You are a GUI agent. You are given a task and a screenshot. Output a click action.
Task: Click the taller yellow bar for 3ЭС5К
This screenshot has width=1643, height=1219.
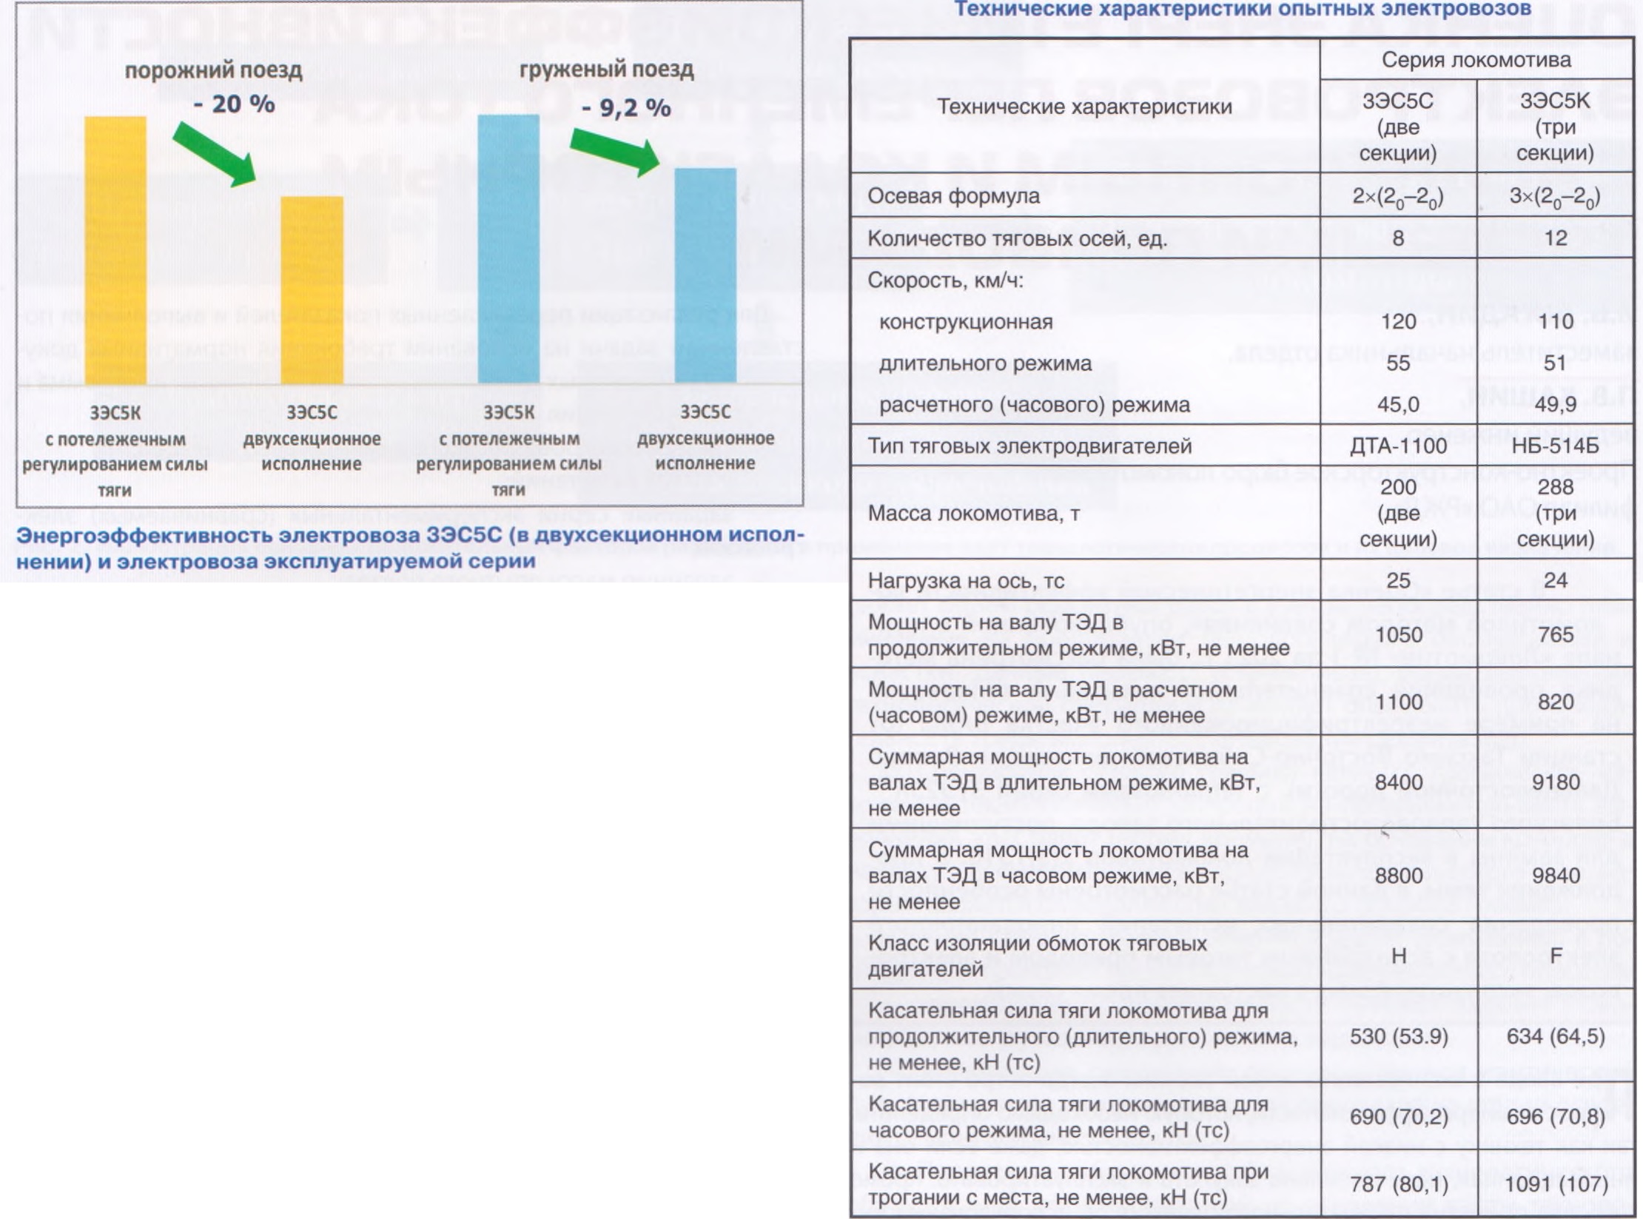pos(115,250)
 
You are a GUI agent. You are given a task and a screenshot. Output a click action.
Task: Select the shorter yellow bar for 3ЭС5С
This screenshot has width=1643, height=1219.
pos(312,290)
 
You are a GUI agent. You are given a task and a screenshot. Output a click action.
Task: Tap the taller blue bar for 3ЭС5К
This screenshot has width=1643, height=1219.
pos(508,249)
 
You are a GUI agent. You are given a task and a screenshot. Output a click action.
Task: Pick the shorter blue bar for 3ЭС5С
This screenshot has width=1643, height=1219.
pos(705,275)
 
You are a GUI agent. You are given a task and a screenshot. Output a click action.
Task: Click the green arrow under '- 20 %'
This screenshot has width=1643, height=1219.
pos(215,154)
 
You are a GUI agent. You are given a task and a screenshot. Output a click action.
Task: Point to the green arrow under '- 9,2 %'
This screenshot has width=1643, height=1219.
pos(615,152)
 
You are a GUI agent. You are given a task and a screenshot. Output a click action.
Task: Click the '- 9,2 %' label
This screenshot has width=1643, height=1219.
pos(626,108)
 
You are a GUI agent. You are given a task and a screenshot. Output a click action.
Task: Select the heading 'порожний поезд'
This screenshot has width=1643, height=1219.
pos(213,70)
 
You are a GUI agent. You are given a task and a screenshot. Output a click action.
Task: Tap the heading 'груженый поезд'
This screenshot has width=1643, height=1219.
pos(606,70)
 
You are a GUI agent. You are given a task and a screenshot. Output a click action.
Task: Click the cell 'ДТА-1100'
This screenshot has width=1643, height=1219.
pos(1398,446)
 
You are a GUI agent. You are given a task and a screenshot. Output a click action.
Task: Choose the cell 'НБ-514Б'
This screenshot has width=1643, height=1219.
pos(1555,446)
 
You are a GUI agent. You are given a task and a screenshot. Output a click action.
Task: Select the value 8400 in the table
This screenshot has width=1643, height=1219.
pos(1398,782)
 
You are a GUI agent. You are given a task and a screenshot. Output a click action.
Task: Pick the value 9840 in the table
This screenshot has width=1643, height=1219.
pos(1556,875)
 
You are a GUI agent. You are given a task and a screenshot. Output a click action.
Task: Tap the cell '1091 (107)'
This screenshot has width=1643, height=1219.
pos(1556,1184)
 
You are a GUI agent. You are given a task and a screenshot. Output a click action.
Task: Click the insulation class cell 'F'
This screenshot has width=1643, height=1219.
pos(1556,956)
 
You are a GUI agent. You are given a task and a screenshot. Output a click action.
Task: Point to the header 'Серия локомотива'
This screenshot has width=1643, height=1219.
pos(1476,60)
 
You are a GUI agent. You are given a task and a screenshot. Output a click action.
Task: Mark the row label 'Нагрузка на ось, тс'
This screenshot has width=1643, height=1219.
pos(966,580)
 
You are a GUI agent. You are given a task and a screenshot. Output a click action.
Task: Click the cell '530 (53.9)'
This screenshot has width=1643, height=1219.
pos(1398,1036)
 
